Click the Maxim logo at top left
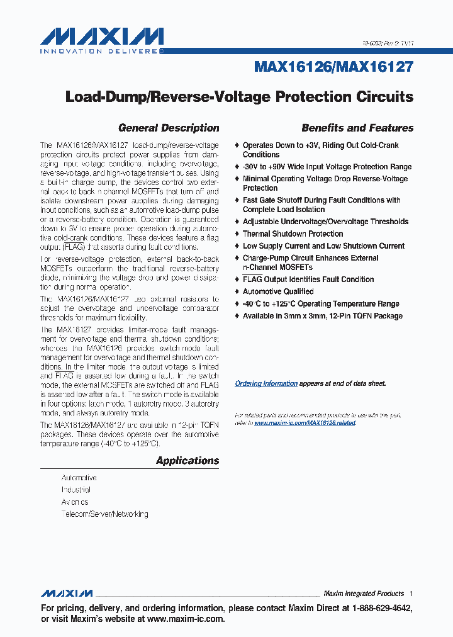102,36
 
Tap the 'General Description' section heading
169,128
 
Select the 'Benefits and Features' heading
357,128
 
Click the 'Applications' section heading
187,461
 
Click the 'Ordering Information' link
266,383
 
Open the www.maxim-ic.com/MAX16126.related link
305,423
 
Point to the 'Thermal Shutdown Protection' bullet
293,234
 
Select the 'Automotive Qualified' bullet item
278,291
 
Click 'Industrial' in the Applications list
76,490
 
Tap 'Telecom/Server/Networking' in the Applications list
104,514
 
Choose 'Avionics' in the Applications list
75,502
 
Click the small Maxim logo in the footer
67,594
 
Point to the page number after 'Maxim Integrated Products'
411,594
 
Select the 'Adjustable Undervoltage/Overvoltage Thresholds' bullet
325,222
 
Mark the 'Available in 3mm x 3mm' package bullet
322,316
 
